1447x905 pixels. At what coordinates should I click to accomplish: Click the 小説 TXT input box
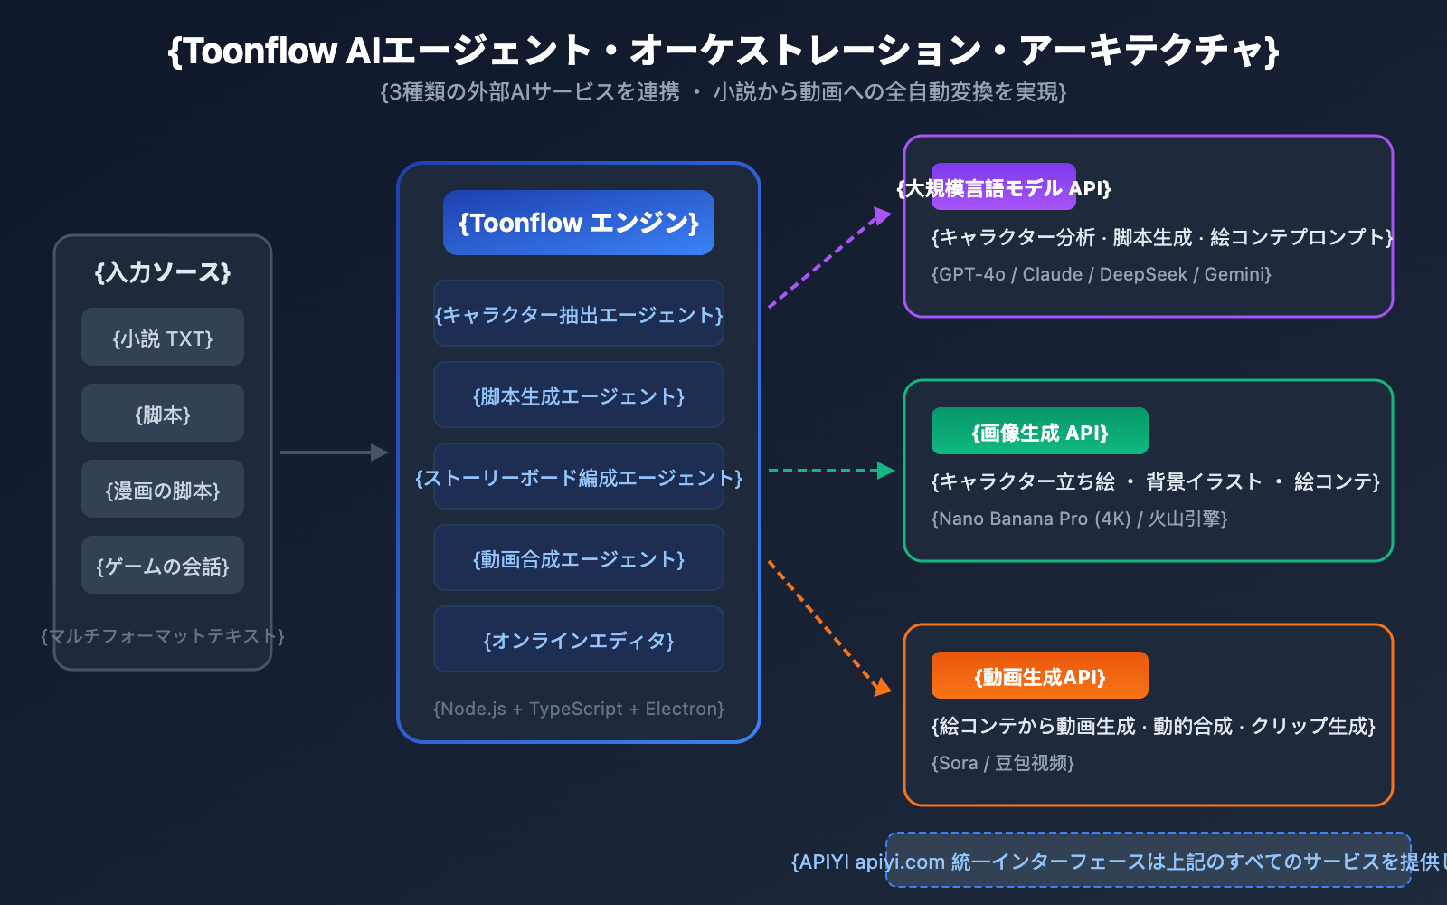(x=163, y=337)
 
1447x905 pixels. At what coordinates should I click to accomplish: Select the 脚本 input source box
(x=163, y=413)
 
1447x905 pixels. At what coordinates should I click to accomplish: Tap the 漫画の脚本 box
(x=163, y=489)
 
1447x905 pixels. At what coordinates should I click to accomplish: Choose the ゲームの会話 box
(x=163, y=565)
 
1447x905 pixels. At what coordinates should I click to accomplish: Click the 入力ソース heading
(x=163, y=272)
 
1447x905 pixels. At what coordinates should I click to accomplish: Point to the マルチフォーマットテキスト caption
(x=163, y=636)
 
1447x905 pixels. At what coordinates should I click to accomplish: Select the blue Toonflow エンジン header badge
(x=579, y=223)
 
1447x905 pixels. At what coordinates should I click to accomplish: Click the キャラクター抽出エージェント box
(x=579, y=313)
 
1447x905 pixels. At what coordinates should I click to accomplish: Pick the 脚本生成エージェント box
(x=579, y=395)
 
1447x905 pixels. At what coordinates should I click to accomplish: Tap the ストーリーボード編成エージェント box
(x=579, y=476)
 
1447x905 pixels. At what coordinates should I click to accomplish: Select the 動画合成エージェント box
(x=579, y=557)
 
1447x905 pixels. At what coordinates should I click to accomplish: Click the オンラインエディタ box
(x=579, y=639)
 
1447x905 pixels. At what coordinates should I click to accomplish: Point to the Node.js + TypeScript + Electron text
(x=579, y=709)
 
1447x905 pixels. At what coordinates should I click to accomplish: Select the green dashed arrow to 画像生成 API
(x=828, y=471)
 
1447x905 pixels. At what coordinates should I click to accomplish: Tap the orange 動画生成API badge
(x=1040, y=675)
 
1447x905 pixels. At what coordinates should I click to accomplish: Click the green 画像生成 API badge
(x=1040, y=431)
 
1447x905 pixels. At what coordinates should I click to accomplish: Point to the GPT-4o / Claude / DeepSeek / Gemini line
(x=1102, y=274)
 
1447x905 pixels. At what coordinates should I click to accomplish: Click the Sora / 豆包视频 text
(x=1003, y=763)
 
